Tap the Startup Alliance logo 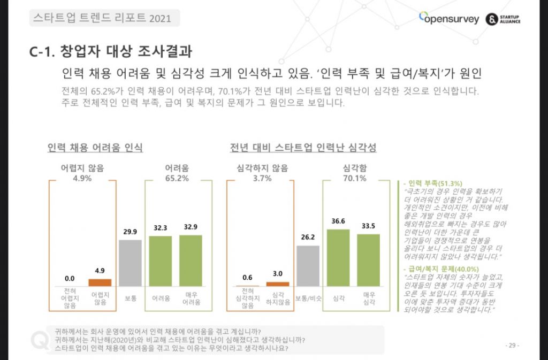pyautogui.click(x=503, y=19)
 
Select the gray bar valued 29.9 pyautogui.click(x=130, y=263)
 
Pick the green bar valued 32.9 pyautogui.click(x=191, y=260)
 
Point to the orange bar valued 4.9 pyautogui.click(x=100, y=282)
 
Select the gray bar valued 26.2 pyautogui.click(x=308, y=266)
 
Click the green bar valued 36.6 pyautogui.click(x=338, y=257)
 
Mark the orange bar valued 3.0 pyautogui.click(x=278, y=284)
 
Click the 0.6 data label pyautogui.click(x=247, y=277)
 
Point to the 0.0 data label pyautogui.click(x=70, y=278)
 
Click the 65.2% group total pyautogui.click(x=176, y=178)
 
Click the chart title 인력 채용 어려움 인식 pyautogui.click(x=95, y=147)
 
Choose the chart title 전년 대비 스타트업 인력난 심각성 pyautogui.click(x=303, y=147)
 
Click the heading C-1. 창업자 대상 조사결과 pyautogui.click(x=111, y=52)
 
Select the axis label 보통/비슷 pyautogui.click(x=308, y=297)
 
